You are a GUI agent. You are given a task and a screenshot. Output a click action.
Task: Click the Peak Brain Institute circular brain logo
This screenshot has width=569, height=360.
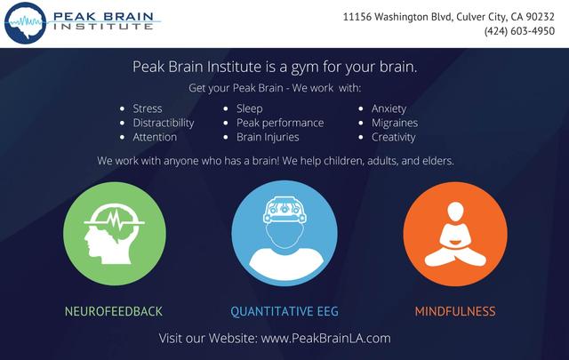point(26,23)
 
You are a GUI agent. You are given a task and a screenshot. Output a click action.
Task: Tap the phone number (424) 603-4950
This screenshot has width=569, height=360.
point(519,31)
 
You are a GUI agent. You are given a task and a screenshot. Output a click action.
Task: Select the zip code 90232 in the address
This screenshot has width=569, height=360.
point(540,17)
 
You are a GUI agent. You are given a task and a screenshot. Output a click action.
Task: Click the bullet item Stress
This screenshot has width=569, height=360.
point(148,108)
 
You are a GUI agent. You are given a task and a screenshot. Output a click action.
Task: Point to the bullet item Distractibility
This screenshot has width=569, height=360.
point(164,123)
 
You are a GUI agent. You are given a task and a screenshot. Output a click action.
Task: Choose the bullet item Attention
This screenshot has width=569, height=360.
point(155,137)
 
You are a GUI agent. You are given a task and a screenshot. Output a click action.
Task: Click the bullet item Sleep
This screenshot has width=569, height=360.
point(249,108)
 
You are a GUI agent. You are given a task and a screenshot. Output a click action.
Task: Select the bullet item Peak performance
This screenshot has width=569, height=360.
point(280,123)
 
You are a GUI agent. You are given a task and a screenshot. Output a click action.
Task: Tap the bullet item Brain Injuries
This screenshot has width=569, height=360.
point(268,137)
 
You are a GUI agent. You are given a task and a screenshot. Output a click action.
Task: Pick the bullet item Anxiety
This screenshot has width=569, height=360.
point(389,108)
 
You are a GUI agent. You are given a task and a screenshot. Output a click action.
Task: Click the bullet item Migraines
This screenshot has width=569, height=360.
point(395,123)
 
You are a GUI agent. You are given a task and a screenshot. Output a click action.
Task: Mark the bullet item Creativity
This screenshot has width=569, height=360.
point(393,137)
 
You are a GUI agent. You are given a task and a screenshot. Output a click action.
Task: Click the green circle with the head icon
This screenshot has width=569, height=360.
point(115,234)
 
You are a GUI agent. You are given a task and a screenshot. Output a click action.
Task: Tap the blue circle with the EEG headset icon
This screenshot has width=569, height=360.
point(284,234)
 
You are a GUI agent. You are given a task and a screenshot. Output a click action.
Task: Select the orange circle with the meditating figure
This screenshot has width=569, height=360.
point(455,234)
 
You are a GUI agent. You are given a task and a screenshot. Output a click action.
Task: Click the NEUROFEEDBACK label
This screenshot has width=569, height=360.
point(114,311)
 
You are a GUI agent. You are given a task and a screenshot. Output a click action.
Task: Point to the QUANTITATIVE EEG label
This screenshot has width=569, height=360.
point(284,311)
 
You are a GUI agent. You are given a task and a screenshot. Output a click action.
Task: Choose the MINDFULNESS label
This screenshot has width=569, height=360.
point(455,311)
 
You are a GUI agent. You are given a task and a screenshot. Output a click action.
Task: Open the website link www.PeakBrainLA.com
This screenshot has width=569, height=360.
point(326,339)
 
